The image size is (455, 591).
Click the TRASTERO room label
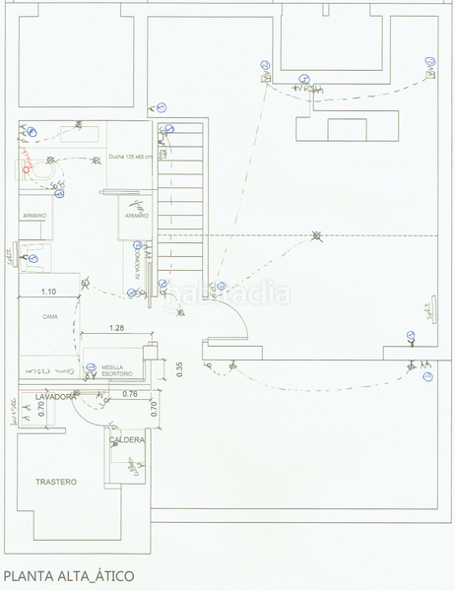(x=56, y=482)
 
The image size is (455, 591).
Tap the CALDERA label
(x=128, y=439)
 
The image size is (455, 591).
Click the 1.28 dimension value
(x=116, y=327)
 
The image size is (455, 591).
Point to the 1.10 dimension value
(x=47, y=292)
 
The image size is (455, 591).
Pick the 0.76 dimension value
(x=129, y=394)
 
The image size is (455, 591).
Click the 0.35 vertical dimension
(x=179, y=367)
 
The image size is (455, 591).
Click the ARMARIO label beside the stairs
(x=135, y=215)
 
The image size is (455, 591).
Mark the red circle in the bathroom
(x=26, y=168)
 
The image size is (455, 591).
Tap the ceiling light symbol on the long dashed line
(x=316, y=235)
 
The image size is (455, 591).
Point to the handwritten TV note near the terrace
(x=312, y=91)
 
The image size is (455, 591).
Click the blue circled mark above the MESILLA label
(x=89, y=365)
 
